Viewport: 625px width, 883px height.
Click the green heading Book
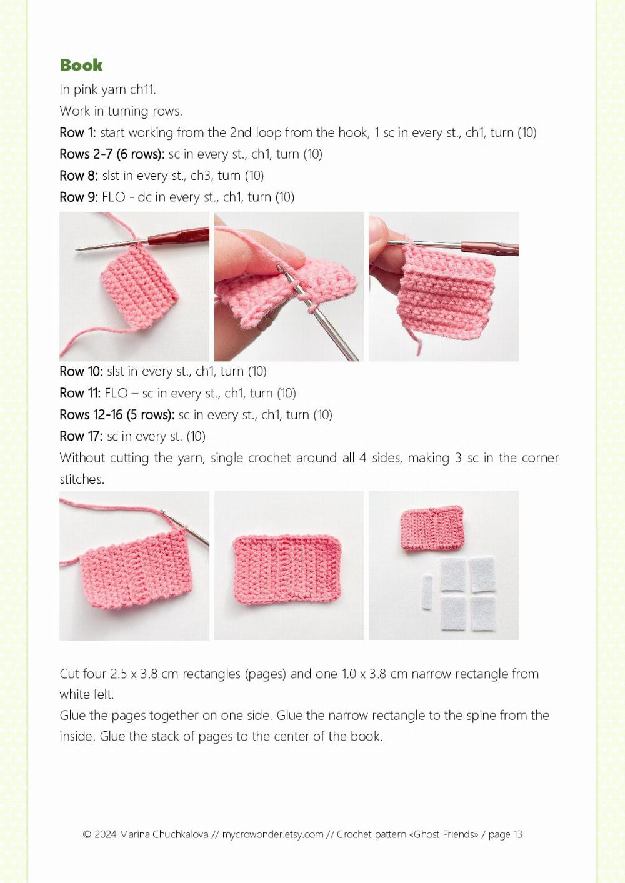(x=81, y=65)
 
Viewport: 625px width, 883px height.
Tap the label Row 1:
(x=77, y=132)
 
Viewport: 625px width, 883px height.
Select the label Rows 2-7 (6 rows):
(x=112, y=154)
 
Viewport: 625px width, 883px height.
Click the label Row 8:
(x=79, y=176)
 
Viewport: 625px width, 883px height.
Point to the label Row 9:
(x=79, y=197)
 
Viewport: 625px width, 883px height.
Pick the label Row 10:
(x=81, y=371)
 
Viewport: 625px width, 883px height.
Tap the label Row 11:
(x=81, y=393)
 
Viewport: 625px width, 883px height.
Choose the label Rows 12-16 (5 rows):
(x=117, y=415)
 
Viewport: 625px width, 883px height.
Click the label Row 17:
(x=81, y=436)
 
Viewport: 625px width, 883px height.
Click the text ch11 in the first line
(x=143, y=89)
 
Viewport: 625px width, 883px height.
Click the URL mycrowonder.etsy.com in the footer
(x=272, y=834)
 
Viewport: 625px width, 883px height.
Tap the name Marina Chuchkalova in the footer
(x=164, y=834)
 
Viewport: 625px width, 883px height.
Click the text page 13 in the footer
(x=506, y=834)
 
